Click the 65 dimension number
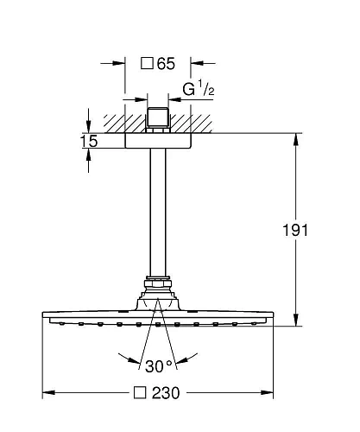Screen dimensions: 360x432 coord(166,64)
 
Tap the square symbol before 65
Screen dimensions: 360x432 coord(147,63)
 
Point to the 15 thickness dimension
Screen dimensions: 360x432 coord(89,141)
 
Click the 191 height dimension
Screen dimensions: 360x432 coord(295,230)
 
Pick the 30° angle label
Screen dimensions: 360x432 coord(159,366)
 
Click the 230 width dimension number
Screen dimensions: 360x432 coord(166,393)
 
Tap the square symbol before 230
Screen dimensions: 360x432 coord(140,392)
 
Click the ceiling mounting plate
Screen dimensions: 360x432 coord(158,141)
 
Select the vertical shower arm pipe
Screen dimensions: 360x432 coord(158,213)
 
